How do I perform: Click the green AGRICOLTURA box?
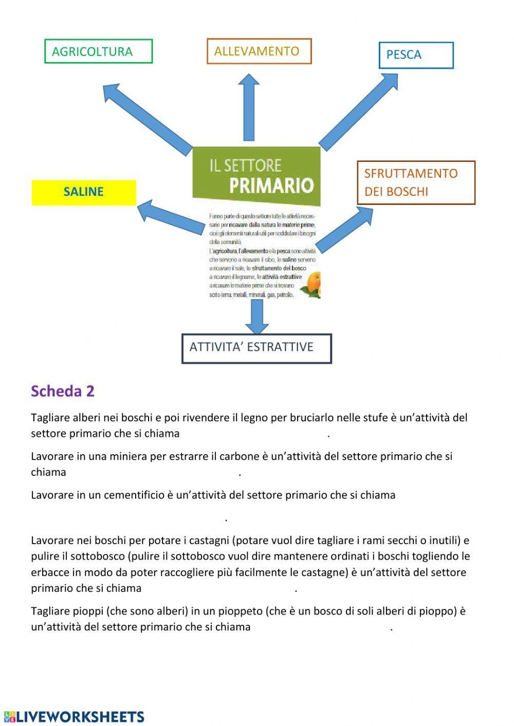click(x=99, y=51)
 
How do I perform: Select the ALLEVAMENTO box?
click(x=259, y=51)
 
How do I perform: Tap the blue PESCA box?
click(x=416, y=55)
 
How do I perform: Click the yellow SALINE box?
click(x=84, y=192)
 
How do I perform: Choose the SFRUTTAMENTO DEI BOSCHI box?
click(x=416, y=182)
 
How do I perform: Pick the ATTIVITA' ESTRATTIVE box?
click(x=256, y=348)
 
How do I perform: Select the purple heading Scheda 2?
click(x=63, y=391)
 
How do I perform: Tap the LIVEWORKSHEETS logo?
click(x=74, y=717)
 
